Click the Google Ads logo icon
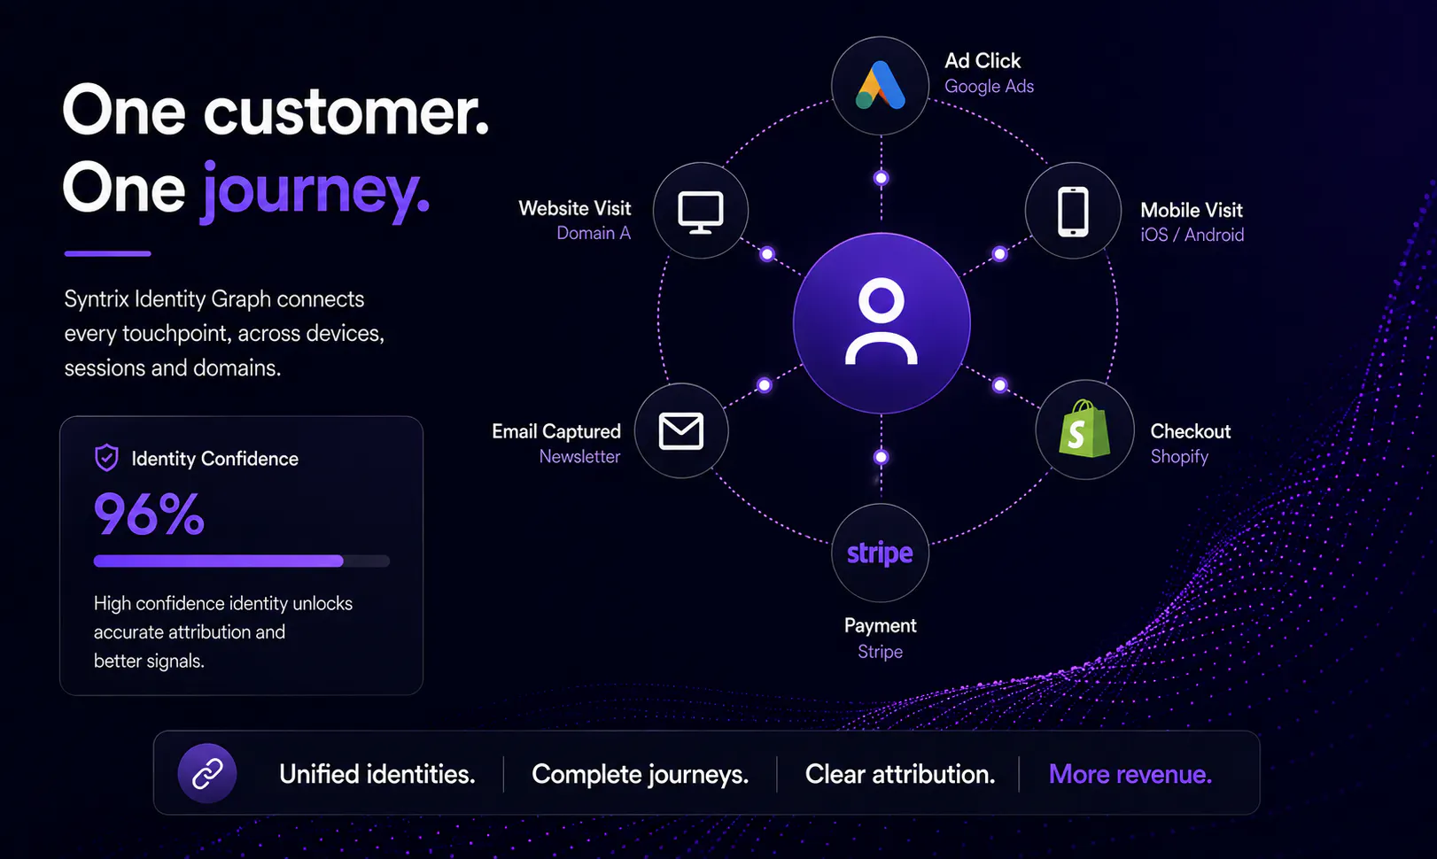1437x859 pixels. click(x=880, y=85)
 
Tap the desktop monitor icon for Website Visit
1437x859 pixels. click(x=701, y=213)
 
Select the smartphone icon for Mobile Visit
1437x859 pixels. click(x=1073, y=212)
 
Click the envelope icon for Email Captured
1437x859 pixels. click(x=680, y=430)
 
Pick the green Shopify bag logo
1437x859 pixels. click(x=1084, y=429)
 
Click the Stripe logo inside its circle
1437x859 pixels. click(x=880, y=553)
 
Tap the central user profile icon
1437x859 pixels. click(x=881, y=321)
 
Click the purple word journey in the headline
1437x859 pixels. click(x=315, y=190)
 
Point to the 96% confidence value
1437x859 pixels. click(x=149, y=514)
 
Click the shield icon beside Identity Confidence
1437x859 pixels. click(x=106, y=458)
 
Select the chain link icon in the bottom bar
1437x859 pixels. click(x=207, y=773)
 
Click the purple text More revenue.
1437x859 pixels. click(x=1130, y=774)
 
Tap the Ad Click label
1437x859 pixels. click(x=983, y=61)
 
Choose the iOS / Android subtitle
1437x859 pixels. click(x=1192, y=235)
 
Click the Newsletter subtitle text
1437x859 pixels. click(x=579, y=456)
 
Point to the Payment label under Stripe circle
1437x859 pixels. click(x=880, y=626)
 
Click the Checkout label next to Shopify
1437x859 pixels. click(x=1190, y=431)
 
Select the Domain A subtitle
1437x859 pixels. click(x=594, y=233)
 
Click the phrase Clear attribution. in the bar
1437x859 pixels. click(x=900, y=774)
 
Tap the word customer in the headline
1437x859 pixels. click(x=346, y=112)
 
